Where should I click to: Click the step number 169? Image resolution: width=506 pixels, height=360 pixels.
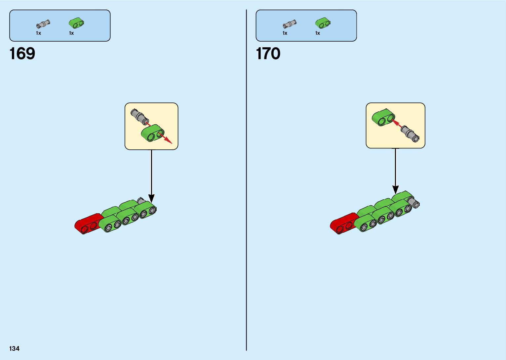[x=22, y=54]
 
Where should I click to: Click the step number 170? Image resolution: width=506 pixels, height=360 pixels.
[x=268, y=54]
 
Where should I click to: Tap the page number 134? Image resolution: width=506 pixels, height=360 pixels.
[x=15, y=348]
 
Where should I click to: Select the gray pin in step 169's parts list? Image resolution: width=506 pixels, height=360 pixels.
[x=43, y=24]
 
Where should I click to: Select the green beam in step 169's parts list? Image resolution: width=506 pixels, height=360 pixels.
[x=76, y=23]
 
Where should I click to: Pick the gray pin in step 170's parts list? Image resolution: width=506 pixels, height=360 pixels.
[x=290, y=24]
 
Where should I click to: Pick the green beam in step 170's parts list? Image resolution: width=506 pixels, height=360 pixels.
[x=323, y=23]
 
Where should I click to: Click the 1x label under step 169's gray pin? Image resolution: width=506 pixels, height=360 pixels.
[x=38, y=33]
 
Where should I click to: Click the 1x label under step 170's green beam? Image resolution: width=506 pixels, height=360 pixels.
[x=318, y=33]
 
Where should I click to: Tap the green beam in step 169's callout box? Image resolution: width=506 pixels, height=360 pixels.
[x=153, y=133]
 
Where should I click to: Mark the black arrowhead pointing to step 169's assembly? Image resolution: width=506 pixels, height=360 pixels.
[x=151, y=198]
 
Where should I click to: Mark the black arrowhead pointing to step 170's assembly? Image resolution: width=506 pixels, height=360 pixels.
[x=395, y=189]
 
